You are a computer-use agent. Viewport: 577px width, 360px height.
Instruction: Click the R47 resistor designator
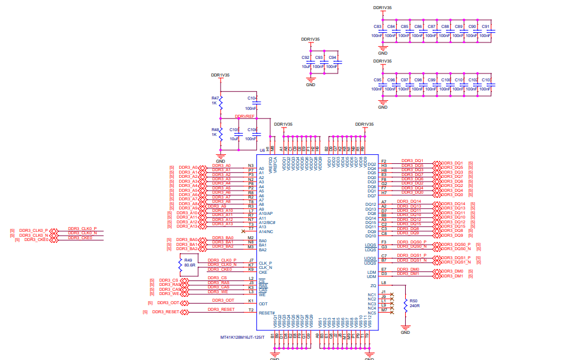(x=215, y=98)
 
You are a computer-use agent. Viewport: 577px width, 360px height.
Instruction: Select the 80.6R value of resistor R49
(x=189, y=265)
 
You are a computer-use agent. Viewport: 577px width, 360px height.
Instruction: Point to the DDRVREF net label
(x=244, y=116)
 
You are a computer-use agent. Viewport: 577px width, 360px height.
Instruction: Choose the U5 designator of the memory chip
(x=262, y=149)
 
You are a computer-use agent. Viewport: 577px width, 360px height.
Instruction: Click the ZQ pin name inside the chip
(x=372, y=286)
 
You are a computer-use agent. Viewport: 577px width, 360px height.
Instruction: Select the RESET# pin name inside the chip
(x=267, y=313)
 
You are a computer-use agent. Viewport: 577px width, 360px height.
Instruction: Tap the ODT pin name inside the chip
(x=263, y=304)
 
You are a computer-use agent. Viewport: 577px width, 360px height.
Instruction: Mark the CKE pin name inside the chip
(x=263, y=273)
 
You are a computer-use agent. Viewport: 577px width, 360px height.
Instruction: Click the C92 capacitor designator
(x=306, y=57)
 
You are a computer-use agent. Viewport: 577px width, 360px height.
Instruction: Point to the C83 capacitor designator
(x=377, y=27)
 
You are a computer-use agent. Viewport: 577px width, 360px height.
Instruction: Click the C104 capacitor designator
(x=252, y=98)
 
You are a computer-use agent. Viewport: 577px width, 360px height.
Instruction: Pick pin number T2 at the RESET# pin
(x=251, y=310)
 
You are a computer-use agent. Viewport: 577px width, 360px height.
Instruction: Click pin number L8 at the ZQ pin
(x=383, y=282)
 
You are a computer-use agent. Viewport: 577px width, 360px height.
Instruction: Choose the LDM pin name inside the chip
(x=371, y=273)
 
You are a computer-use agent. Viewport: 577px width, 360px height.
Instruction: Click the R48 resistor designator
(x=215, y=130)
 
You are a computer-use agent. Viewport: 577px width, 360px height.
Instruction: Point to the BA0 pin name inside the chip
(x=262, y=241)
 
